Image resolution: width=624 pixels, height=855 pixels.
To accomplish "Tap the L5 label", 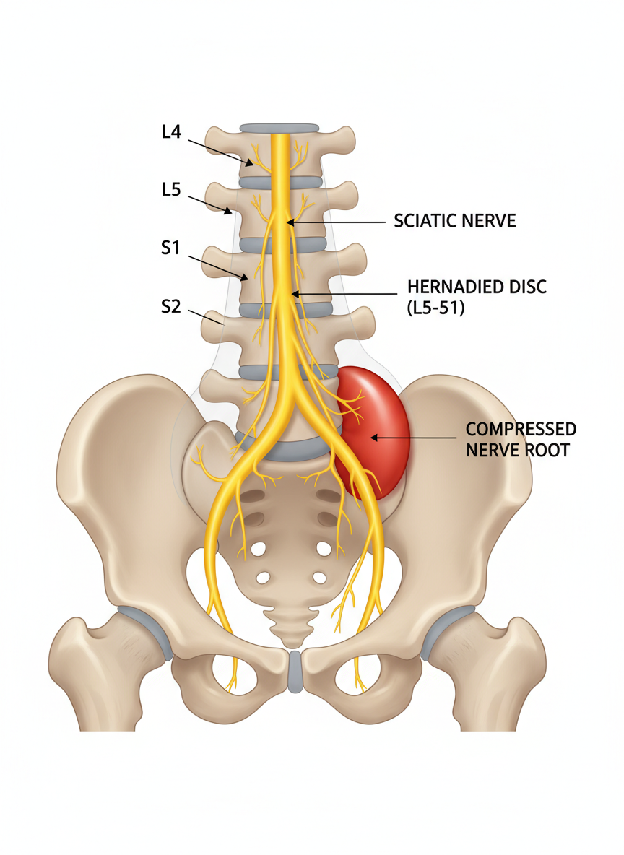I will (x=170, y=190).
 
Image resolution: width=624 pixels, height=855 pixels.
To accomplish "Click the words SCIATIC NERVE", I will (x=455, y=221).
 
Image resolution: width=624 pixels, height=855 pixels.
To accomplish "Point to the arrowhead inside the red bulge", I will (x=372, y=437).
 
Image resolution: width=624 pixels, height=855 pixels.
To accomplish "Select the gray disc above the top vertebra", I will (x=278, y=128).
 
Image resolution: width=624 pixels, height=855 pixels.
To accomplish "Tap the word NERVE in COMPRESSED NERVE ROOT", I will (x=491, y=450).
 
